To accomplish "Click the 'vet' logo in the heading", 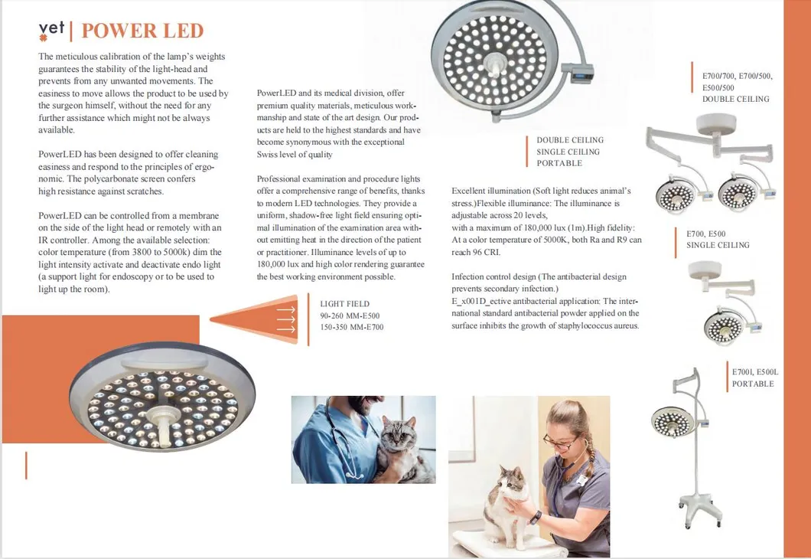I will (51, 31).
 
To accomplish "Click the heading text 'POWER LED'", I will (142, 31).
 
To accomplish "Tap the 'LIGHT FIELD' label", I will (344, 304).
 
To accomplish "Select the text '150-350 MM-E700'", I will (351, 327).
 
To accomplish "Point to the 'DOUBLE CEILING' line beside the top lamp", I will (570, 140).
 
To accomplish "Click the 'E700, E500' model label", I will (706, 234).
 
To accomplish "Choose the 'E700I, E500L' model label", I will (754, 372).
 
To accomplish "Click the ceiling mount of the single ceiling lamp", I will (704, 270).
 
